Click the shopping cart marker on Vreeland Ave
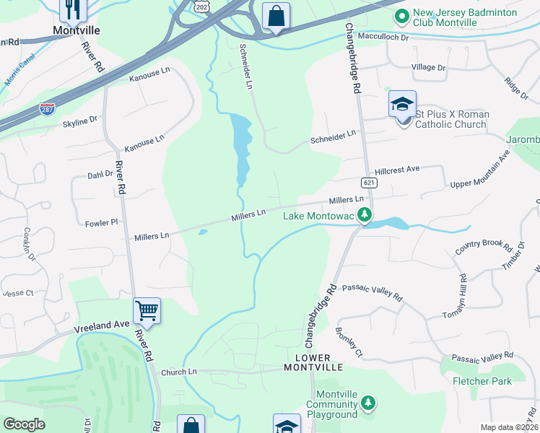tap(147, 311)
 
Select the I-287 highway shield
tap(47, 110)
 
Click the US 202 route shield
tap(201, 6)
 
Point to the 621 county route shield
tap(369, 183)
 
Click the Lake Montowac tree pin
tap(365, 214)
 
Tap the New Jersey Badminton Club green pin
tap(401, 15)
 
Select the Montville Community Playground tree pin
tap(368, 402)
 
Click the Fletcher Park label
tap(482, 380)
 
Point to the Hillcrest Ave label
tap(397, 169)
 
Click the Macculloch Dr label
tap(385, 38)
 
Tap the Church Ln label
tap(178, 372)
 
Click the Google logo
tap(24, 424)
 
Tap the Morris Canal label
tap(17, 70)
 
